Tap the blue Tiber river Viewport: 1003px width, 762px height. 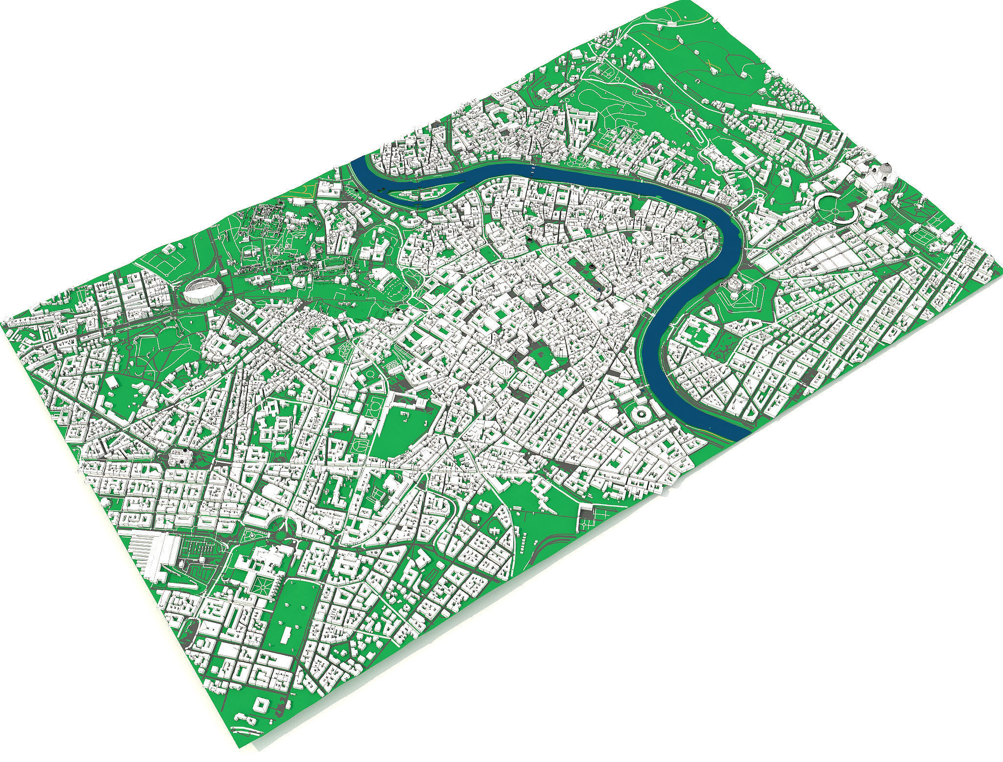(x=686, y=313)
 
